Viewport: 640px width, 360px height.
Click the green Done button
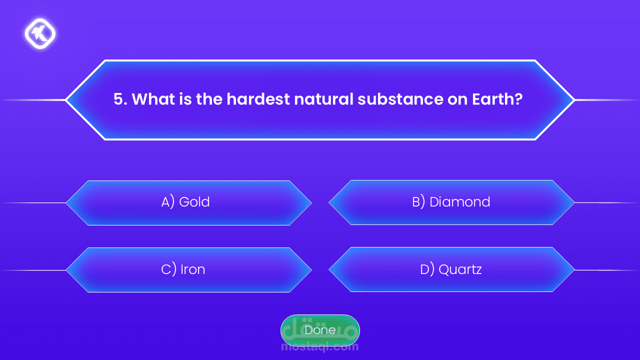(320, 330)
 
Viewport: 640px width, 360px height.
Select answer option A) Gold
(189, 202)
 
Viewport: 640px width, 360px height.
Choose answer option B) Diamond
(451, 202)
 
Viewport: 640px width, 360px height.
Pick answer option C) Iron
(189, 269)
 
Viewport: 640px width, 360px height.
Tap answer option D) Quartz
(451, 269)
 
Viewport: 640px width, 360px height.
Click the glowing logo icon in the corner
(40, 33)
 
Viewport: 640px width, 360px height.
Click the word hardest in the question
(258, 99)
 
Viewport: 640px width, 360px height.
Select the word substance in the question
(400, 99)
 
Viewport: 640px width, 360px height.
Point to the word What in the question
(153, 99)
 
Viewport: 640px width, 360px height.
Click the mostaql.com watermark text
(319, 347)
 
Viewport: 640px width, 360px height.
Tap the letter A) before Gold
(167, 202)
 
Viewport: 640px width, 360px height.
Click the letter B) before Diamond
(418, 201)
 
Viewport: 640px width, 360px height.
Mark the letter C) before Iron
(168, 269)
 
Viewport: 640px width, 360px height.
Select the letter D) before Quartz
(427, 269)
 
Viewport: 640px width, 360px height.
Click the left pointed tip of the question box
(65, 100)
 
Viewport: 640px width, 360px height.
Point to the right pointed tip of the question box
(574, 100)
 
